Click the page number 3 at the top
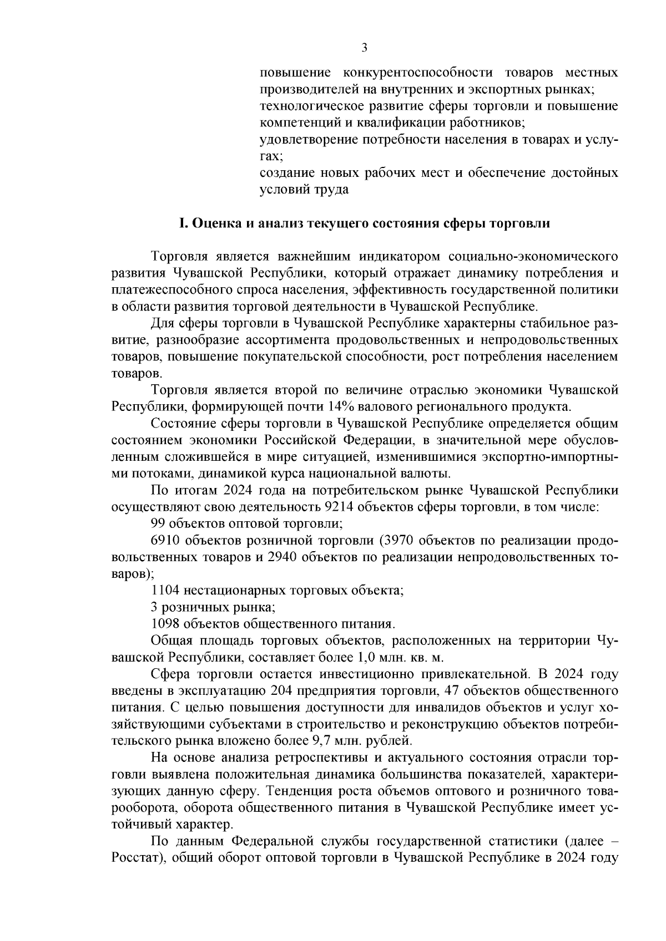364,48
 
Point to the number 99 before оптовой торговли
159,523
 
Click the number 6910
165,540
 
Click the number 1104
165,591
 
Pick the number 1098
165,624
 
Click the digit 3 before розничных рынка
154,607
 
